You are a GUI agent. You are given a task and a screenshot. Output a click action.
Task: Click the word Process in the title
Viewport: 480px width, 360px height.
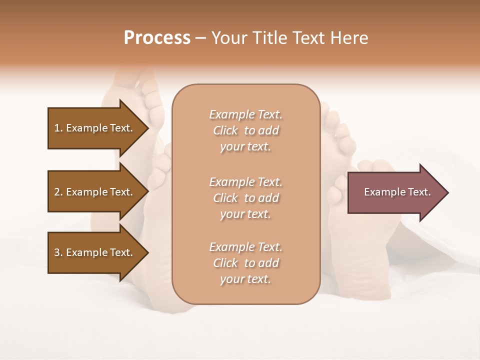pos(157,38)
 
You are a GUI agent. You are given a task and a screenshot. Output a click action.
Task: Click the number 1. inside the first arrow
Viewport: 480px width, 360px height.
pos(58,128)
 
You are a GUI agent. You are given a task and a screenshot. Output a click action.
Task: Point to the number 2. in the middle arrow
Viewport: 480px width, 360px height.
pos(58,192)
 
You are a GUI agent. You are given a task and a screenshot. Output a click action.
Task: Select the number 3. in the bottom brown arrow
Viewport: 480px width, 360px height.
pos(58,252)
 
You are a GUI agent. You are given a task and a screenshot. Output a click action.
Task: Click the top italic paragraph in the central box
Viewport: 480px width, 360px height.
pos(245,130)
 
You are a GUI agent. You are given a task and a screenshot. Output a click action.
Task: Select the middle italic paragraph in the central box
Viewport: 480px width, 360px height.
pos(245,198)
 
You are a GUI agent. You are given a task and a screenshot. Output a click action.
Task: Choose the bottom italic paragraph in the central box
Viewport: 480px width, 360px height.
pos(245,263)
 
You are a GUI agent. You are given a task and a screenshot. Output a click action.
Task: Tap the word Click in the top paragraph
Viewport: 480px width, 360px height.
pos(225,130)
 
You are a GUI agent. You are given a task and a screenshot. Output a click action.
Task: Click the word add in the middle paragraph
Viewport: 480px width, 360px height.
pos(269,198)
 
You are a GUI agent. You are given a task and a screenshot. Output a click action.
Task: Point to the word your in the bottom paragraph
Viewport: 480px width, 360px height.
pos(231,279)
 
